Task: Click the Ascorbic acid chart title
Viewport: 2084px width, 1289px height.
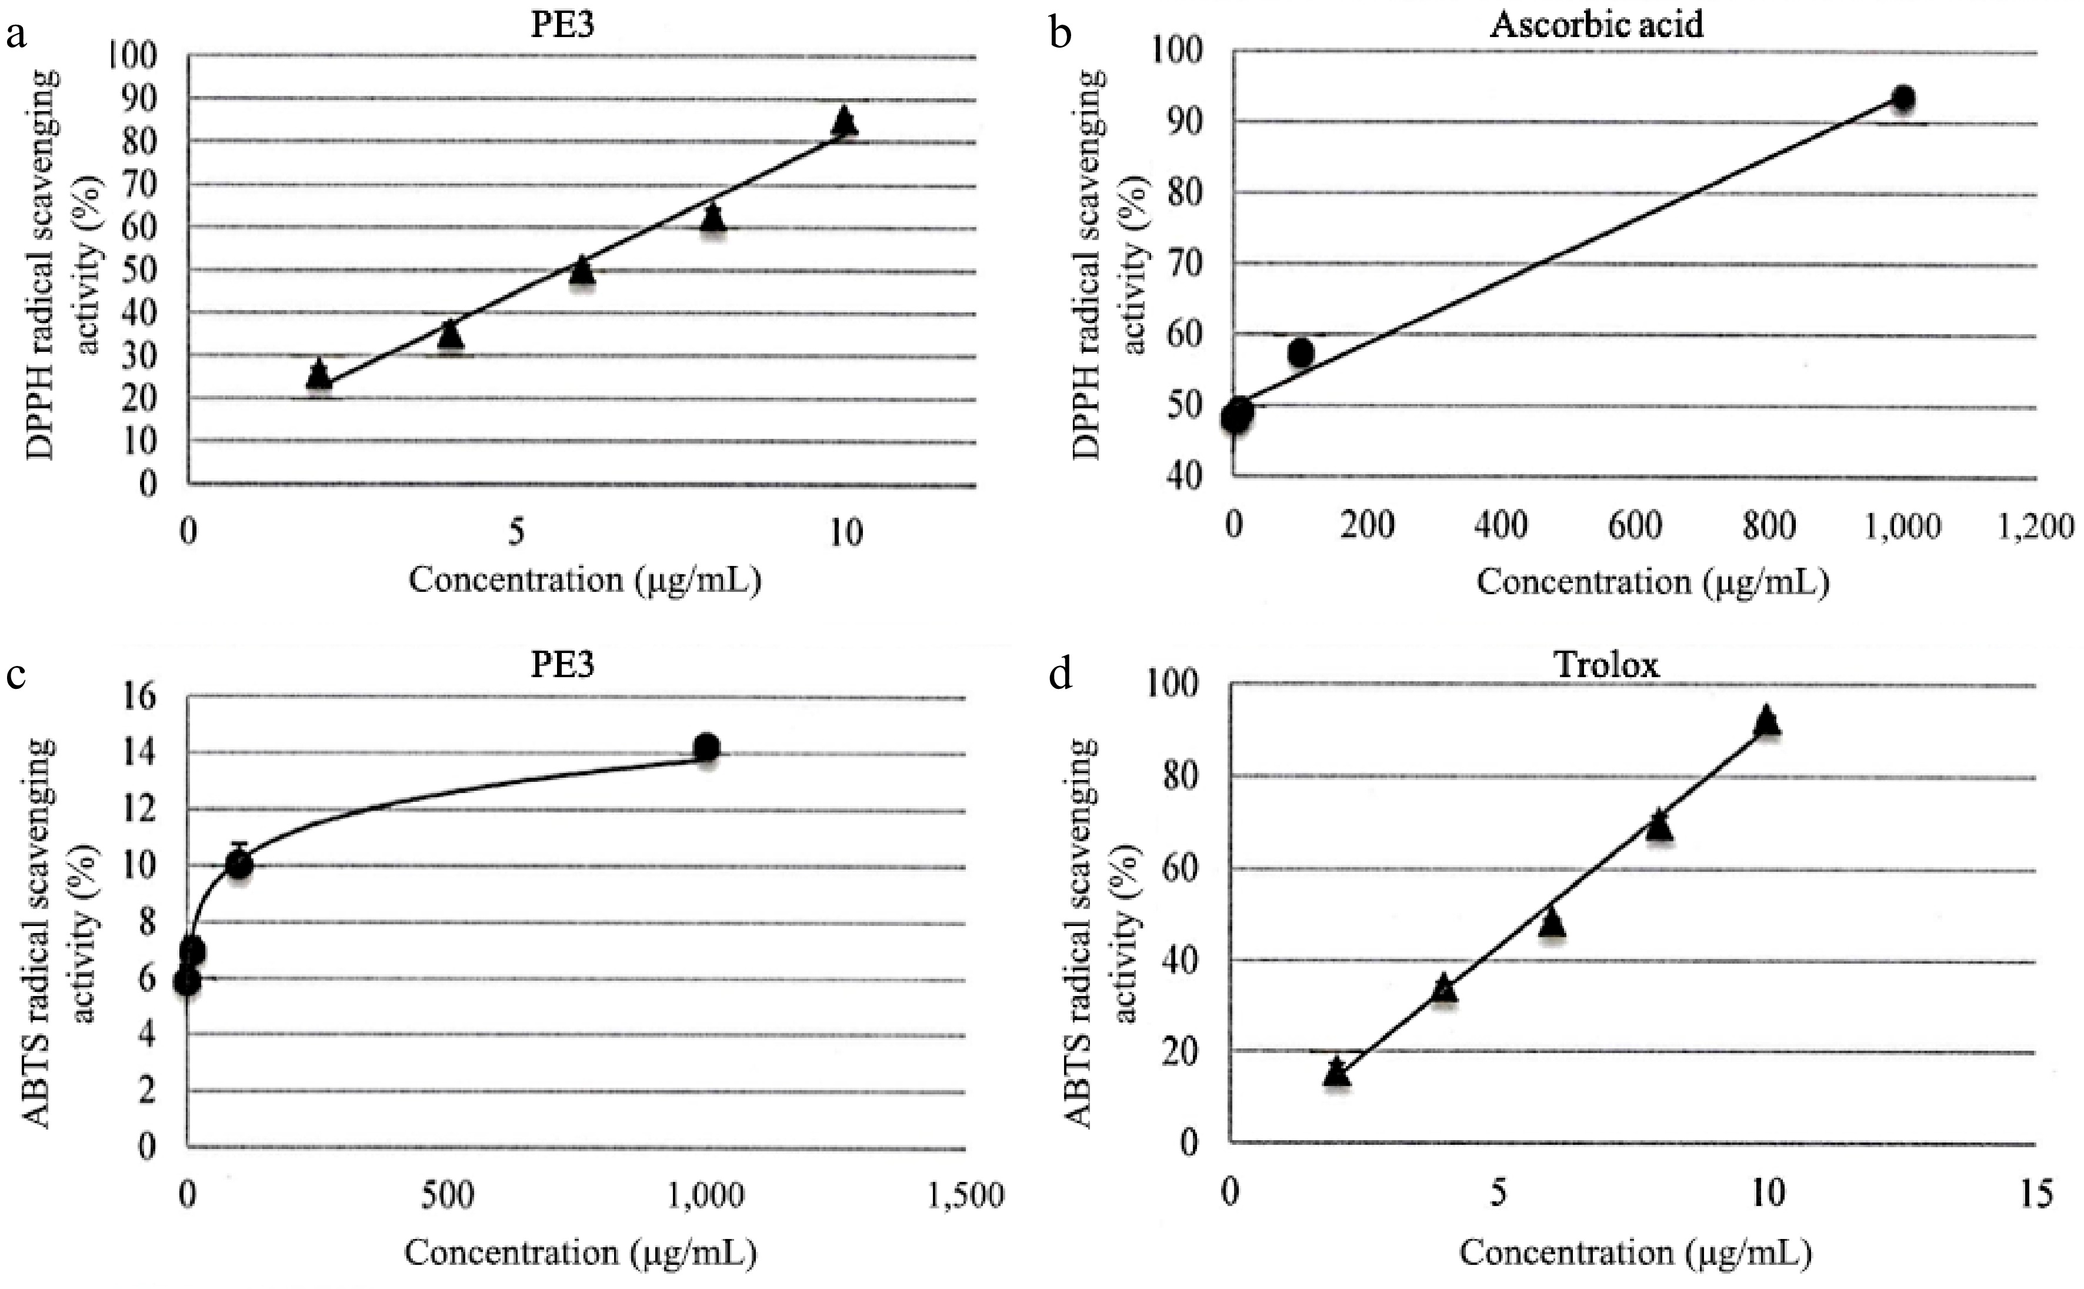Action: (x=1596, y=24)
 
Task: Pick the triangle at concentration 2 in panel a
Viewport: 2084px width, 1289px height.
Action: (x=319, y=374)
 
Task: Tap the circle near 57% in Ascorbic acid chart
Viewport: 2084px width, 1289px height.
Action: (x=1301, y=352)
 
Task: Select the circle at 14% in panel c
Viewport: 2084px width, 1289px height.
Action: (x=706, y=748)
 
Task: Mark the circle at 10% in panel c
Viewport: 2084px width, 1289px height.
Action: (x=239, y=864)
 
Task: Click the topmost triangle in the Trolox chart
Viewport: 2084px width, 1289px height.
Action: (x=1766, y=720)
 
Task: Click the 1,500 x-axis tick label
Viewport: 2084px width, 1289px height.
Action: (x=964, y=1195)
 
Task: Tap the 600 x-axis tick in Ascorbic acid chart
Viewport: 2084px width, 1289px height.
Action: (x=1635, y=526)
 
